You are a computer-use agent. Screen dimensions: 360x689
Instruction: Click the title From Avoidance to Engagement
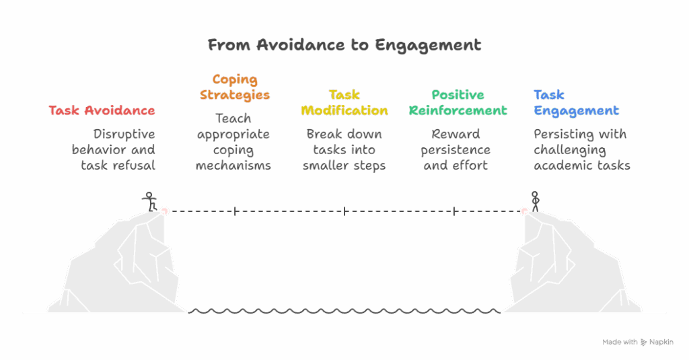344,45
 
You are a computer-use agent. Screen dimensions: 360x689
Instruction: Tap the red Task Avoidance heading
102,110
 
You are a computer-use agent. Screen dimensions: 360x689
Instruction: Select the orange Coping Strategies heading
234,87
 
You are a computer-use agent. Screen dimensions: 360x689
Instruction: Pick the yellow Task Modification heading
344,102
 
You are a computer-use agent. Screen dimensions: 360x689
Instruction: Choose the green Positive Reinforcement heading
458,102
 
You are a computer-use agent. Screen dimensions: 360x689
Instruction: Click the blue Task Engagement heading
576,102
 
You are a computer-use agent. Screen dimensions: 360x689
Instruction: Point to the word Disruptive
124,134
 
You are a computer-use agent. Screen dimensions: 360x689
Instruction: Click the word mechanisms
233,166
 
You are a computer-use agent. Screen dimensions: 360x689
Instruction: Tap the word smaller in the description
327,166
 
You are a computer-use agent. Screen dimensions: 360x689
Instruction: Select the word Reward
456,134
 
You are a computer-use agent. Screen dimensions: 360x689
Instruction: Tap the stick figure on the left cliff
149,200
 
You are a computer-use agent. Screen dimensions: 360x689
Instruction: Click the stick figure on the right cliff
536,200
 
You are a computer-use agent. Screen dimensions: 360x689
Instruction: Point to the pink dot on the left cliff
164,211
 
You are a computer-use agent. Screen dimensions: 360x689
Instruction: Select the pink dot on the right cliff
525,211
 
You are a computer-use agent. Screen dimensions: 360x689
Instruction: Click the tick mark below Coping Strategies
235,211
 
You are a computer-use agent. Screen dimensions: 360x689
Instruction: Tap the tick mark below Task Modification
344,211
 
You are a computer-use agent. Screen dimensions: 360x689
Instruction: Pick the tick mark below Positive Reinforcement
454,211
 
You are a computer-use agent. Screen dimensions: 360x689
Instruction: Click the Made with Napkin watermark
637,342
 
